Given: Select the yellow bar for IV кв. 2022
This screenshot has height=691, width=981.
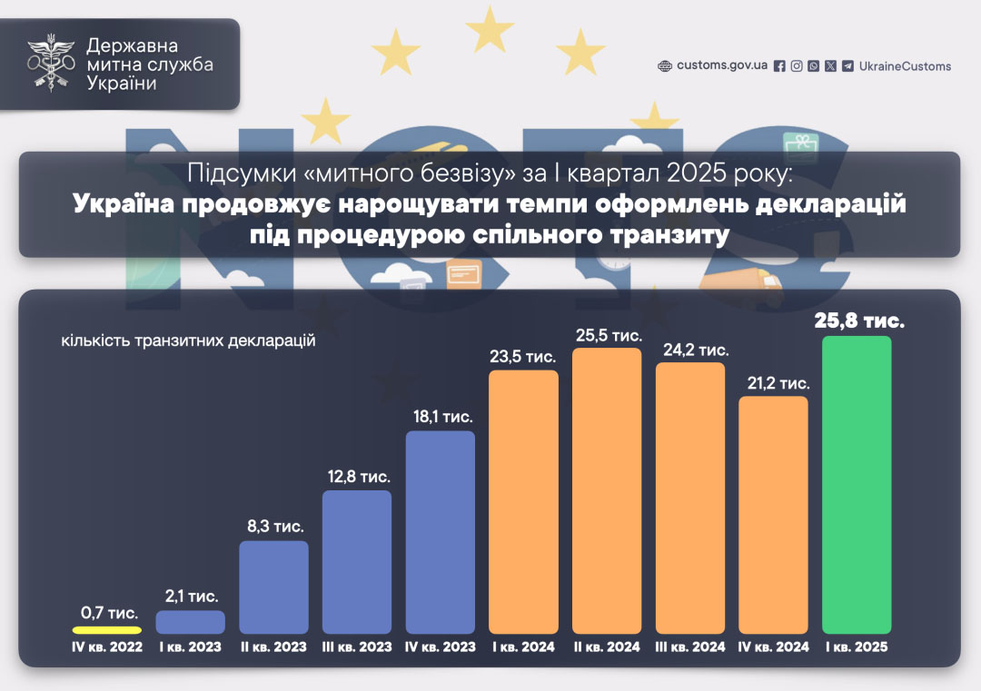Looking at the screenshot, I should click(x=107, y=629).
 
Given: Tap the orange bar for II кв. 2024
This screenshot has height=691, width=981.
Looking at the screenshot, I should click(x=607, y=490).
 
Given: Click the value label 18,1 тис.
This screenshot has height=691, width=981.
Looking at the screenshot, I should click(x=441, y=417).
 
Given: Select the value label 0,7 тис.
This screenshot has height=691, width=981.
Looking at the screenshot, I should click(x=107, y=613).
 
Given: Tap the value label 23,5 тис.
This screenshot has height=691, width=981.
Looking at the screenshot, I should click(x=523, y=357).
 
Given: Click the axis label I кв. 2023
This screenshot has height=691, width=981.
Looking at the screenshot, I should click(x=191, y=647).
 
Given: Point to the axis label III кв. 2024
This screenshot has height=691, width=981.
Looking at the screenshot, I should click(x=690, y=647).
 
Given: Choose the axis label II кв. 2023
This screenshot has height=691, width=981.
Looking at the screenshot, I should click(x=273, y=647).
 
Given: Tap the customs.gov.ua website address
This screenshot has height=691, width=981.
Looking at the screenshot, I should click(x=722, y=66).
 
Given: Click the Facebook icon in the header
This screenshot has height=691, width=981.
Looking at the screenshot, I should click(x=779, y=66).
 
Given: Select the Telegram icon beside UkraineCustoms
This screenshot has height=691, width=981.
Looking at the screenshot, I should click(x=847, y=66).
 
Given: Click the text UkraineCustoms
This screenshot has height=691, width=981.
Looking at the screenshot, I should click(x=905, y=66).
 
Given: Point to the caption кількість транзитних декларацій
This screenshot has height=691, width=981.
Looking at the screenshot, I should click(x=188, y=341).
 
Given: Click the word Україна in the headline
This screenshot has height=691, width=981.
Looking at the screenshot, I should click(x=127, y=203).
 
